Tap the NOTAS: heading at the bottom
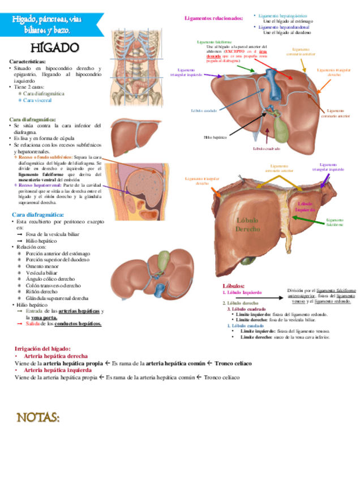[39, 418]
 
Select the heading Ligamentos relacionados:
[213, 18]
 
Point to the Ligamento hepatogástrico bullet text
[282, 16]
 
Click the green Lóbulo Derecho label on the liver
[247, 225]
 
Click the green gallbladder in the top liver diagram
[280, 122]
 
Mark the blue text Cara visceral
[37, 100]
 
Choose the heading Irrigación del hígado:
[42, 349]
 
